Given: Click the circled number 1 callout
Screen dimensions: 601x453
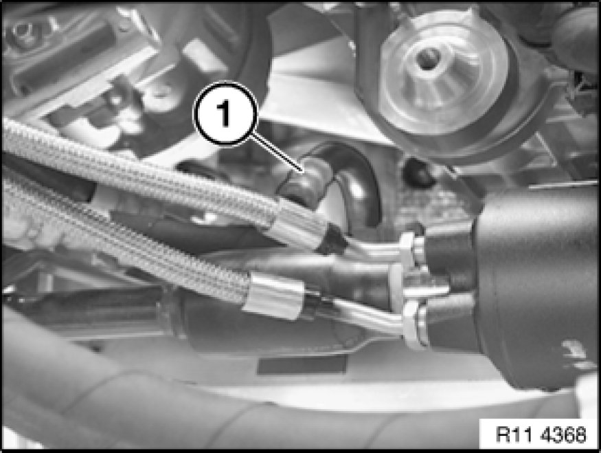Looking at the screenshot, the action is (x=225, y=113).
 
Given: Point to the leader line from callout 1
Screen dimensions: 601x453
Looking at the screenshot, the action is (x=277, y=152).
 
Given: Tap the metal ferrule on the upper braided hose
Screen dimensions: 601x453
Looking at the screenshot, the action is (x=299, y=224).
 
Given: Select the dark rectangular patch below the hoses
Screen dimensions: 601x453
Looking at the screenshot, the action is (x=302, y=365).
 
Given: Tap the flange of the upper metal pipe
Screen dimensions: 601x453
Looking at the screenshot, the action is (x=407, y=250).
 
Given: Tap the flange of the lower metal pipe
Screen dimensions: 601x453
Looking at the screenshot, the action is (x=412, y=324).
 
